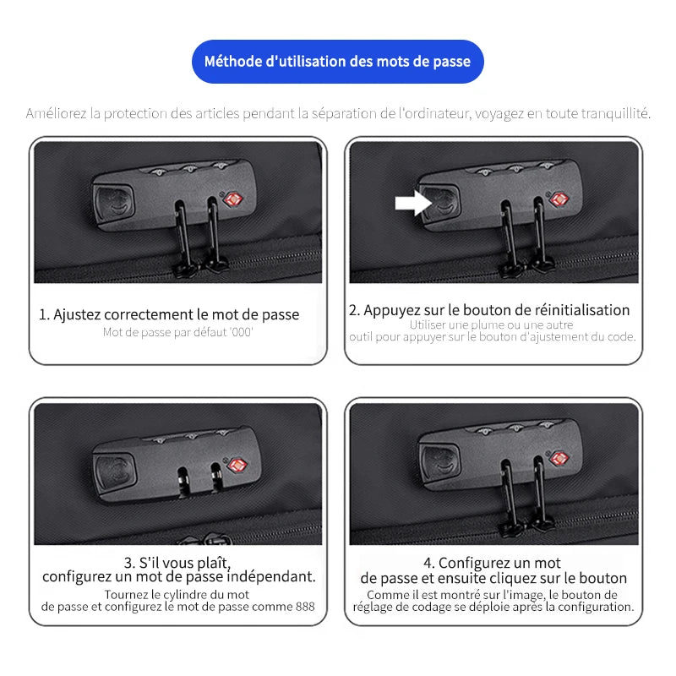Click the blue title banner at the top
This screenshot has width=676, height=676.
tap(337, 62)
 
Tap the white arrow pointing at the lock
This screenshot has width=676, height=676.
tap(413, 203)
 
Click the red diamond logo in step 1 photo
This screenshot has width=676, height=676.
tap(234, 199)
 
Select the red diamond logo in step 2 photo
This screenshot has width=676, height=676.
tap(559, 199)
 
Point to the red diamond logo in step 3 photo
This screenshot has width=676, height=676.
tap(237, 466)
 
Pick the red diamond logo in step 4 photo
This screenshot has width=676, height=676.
tap(559, 459)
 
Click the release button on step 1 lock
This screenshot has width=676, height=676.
tap(114, 203)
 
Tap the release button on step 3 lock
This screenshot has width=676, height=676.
tap(116, 472)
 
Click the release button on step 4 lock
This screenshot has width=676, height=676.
tap(440, 461)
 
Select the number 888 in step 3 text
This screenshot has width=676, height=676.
tap(305, 607)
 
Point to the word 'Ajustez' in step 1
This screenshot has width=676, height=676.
tap(77, 315)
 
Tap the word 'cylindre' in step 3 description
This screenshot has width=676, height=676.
tap(188, 595)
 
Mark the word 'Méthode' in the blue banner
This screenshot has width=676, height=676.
tap(233, 62)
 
